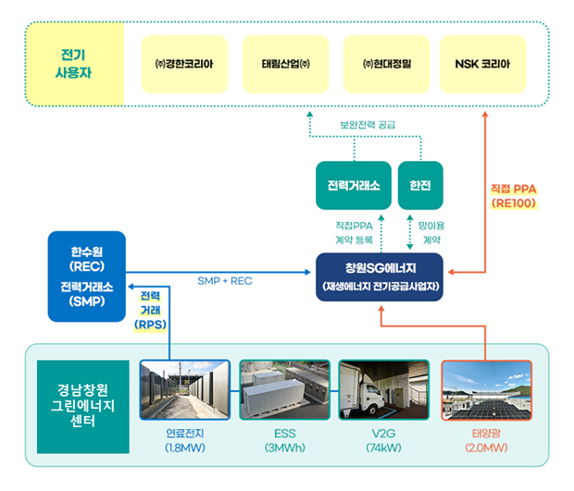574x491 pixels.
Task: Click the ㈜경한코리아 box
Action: coord(184,64)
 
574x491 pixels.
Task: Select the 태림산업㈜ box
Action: coord(285,64)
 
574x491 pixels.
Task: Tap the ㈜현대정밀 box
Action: coord(387,64)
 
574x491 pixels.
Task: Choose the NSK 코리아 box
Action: coord(483,64)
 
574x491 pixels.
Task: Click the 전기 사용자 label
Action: coord(73,64)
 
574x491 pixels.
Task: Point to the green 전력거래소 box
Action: coord(354,185)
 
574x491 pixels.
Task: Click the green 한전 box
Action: coord(420,185)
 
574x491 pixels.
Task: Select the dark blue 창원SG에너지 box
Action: coord(380,277)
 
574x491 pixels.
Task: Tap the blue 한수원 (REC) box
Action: coord(87,276)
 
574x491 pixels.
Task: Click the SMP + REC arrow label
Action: coord(225,281)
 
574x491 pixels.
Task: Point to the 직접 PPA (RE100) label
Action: coord(514,196)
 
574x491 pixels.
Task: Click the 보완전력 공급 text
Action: coord(368,125)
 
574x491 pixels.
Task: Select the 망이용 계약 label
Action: coord(431,232)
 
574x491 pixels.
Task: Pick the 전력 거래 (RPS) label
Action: coord(151,311)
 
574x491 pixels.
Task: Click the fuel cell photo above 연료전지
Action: coord(185,389)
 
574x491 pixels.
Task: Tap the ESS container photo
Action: coord(285,389)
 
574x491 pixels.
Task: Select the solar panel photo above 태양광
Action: coord(486,389)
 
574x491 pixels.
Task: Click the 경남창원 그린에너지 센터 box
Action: coord(83,407)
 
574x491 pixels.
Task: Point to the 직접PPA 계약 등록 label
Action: coord(354,232)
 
